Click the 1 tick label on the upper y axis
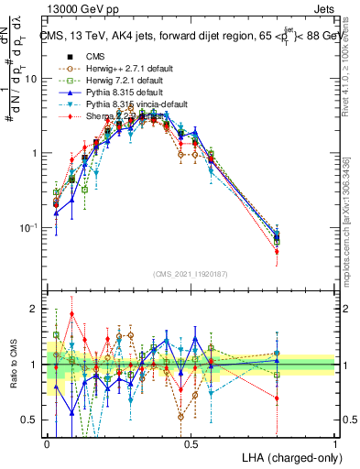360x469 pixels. coord(37,153)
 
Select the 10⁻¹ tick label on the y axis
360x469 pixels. coord(32,227)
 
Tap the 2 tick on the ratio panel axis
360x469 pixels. coord(37,309)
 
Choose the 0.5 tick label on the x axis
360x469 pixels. coord(191,443)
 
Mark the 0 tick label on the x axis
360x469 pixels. coord(48,443)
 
